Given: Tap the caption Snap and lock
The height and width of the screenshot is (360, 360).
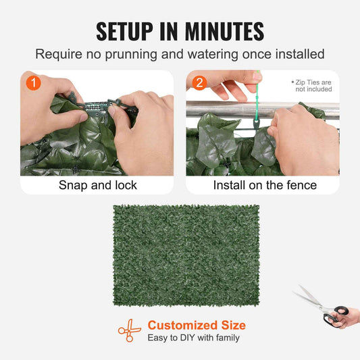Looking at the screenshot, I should pyautogui.click(x=97, y=184).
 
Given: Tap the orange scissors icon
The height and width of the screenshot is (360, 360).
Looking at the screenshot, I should pyautogui.click(x=129, y=330).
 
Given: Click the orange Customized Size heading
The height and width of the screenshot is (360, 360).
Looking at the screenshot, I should pyautogui.click(x=197, y=325).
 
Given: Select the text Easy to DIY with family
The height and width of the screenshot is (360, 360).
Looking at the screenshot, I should pyautogui.click(x=194, y=338).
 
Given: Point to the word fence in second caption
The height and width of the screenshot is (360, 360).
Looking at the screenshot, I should pyautogui.click(x=301, y=184).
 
